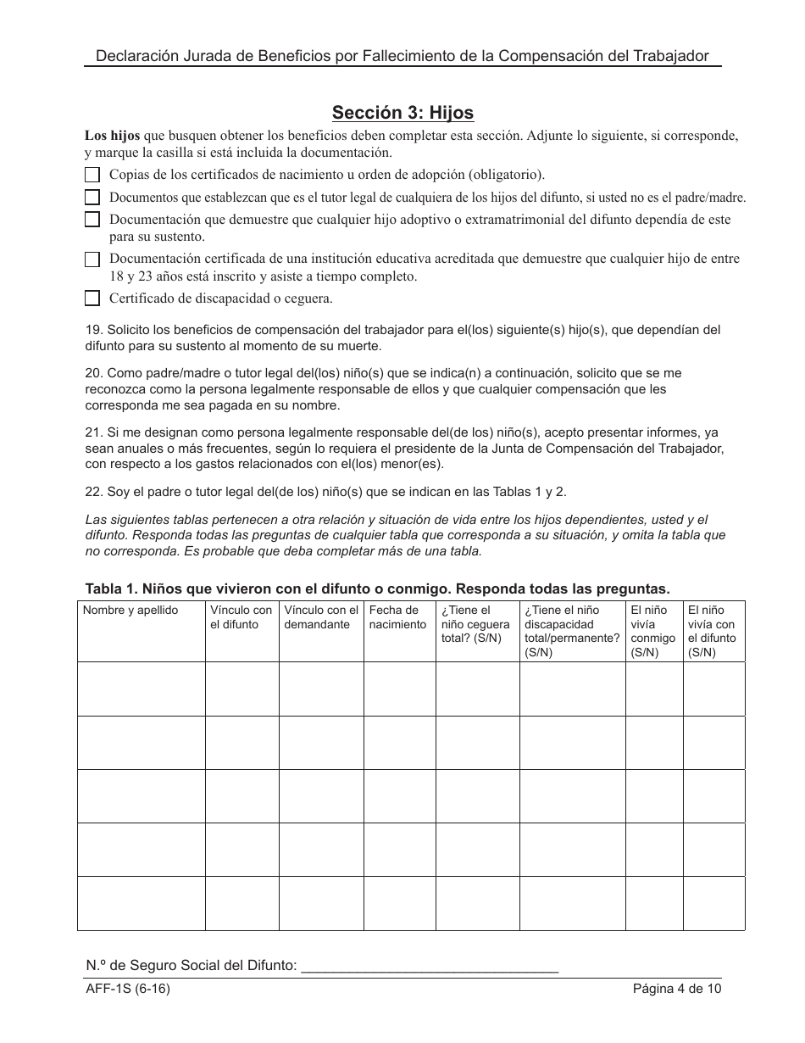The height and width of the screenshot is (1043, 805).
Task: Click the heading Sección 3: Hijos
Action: point(402,113)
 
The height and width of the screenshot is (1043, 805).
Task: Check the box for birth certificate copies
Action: point(92,175)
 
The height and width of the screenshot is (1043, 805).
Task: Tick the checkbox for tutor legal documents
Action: point(92,197)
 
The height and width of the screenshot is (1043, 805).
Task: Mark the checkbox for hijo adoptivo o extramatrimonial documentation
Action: point(92,220)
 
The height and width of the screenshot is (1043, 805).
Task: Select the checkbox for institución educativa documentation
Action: point(92,259)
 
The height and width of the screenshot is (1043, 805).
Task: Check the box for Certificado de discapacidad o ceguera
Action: point(92,298)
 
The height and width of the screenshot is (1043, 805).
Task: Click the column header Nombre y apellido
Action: point(130,611)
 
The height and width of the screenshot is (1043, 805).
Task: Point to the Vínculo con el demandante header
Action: point(321,617)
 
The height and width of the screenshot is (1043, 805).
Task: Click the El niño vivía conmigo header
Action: point(653,631)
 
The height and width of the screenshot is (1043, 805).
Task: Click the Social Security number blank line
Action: point(430,965)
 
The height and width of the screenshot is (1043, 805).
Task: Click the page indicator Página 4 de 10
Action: point(676,989)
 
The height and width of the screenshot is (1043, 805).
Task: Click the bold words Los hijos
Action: point(113,136)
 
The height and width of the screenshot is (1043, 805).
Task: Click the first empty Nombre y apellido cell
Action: point(142,689)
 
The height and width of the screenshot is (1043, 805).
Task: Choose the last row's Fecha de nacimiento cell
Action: point(399,903)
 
